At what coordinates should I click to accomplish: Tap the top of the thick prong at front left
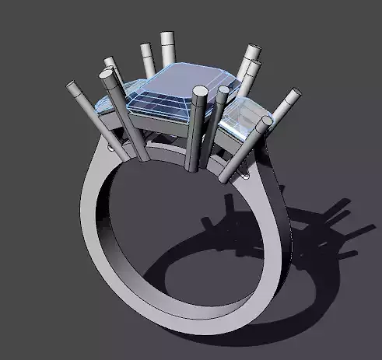[x=107, y=75]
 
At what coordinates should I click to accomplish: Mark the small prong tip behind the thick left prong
[x=110, y=61]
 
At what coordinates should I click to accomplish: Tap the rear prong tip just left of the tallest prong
[x=146, y=49]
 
